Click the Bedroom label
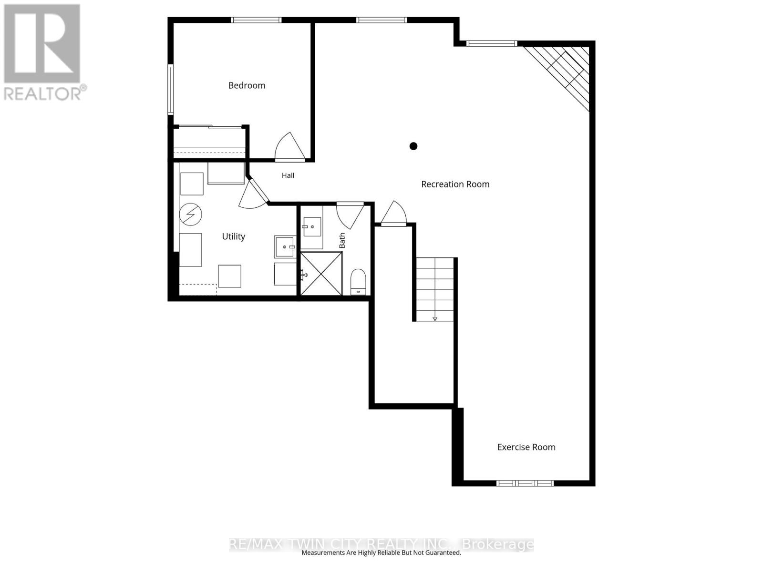247,85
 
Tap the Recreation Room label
455,184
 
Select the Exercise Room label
526,447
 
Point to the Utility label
234,236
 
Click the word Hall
288,175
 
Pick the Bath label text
342,240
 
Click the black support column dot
413,146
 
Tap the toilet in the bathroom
358,282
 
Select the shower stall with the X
321,274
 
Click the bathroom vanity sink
312,227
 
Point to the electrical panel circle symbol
190,214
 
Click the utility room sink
285,247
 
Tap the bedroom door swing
289,146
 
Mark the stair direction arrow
434,318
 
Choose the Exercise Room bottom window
525,483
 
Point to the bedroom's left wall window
170,89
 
